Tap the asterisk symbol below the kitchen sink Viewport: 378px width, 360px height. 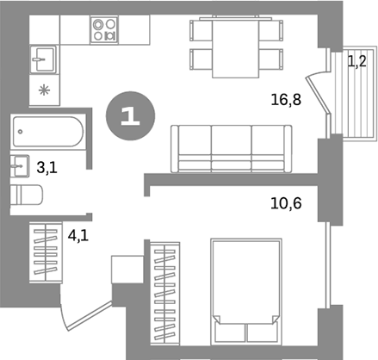pyautogui.click(x=44, y=90)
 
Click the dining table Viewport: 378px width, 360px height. pyautogui.click(x=234, y=49)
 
